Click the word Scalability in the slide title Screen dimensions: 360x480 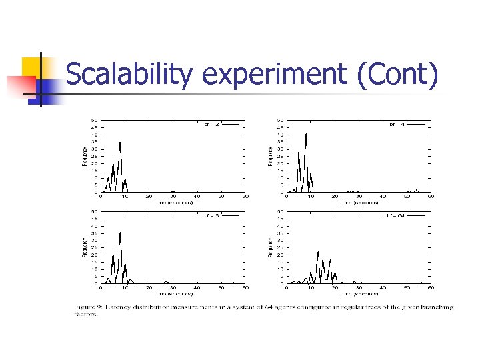tap(131, 75)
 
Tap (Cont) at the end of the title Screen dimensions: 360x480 tap(398, 75)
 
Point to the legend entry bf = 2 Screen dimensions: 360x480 tap(212, 123)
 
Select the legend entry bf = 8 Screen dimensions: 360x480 tap(212, 215)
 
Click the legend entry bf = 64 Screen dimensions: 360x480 tap(396, 215)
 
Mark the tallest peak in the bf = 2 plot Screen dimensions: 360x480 tap(120, 142)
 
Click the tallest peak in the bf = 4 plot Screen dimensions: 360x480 tap(306, 134)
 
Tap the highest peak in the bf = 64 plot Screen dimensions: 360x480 tap(318, 251)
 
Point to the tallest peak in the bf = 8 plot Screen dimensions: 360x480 tap(120, 233)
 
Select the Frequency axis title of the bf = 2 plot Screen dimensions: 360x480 tap(84, 156)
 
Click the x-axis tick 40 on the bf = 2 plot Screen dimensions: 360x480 tap(197, 197)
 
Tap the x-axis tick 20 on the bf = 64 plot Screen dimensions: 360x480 tap(335, 288)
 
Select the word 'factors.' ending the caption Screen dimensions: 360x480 tap(85, 315)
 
